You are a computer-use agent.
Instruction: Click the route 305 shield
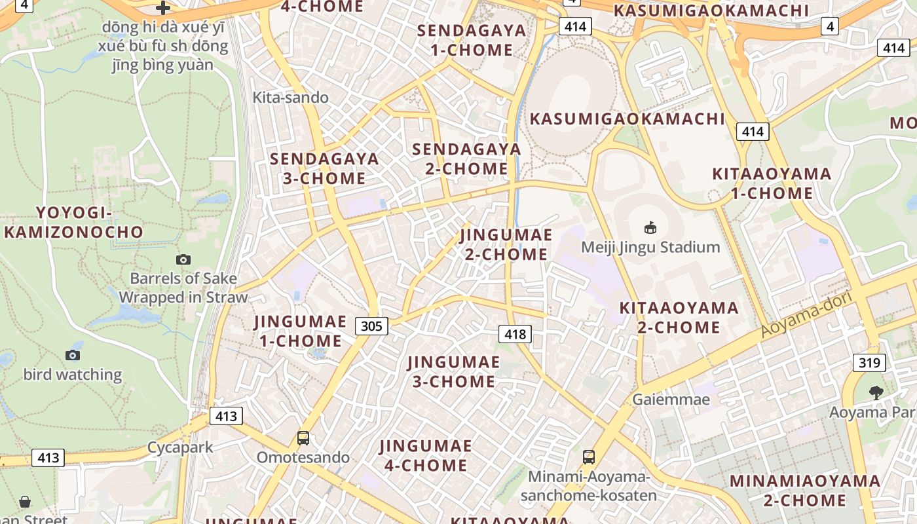pyautogui.click(x=372, y=326)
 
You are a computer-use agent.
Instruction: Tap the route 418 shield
pyautogui.click(x=515, y=334)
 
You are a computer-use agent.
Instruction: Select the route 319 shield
pyautogui.click(x=869, y=362)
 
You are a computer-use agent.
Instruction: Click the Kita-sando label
pyautogui.click(x=291, y=98)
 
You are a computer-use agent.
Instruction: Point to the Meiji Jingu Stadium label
pyautogui.click(x=650, y=247)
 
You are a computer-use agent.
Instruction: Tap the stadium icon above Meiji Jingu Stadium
pyautogui.click(x=650, y=227)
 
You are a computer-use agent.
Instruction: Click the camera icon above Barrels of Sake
pyautogui.click(x=183, y=259)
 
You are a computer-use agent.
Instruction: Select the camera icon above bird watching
pyautogui.click(x=73, y=355)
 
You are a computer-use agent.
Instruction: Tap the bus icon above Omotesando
pyautogui.click(x=303, y=438)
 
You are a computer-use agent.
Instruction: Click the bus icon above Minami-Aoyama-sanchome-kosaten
pyautogui.click(x=588, y=457)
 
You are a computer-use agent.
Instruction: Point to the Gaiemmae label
pyautogui.click(x=671, y=399)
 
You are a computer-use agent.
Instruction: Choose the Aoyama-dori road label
pyautogui.click(x=806, y=315)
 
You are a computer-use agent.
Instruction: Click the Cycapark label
pyautogui.click(x=180, y=447)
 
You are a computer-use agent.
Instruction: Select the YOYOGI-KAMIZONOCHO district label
pyautogui.click(x=73, y=222)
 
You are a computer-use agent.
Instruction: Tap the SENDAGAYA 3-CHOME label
pyautogui.click(x=324, y=168)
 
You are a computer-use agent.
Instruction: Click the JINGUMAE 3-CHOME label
pyautogui.click(x=453, y=371)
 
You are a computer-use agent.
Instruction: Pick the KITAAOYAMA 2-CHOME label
pyautogui.click(x=679, y=317)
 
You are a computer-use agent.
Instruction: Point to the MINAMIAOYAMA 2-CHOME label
pyautogui.click(x=805, y=491)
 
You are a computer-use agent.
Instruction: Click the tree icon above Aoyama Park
pyautogui.click(x=876, y=392)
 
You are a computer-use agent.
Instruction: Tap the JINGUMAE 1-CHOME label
pyautogui.click(x=300, y=331)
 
